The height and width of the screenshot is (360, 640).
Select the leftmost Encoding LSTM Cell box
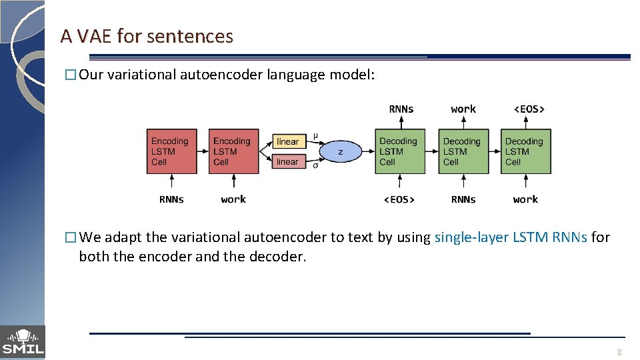(171, 151)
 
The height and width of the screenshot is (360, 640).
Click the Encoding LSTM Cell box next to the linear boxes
(233, 151)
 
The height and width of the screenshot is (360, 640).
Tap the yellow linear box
(288, 141)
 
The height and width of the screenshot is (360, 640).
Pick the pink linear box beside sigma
(288, 161)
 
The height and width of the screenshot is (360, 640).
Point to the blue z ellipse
(340, 152)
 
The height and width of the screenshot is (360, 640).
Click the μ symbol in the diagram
(315, 136)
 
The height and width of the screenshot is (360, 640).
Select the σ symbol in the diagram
(315, 165)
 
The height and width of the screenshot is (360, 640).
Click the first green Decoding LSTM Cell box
(399, 151)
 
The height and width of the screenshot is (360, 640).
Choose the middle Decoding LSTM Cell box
(463, 151)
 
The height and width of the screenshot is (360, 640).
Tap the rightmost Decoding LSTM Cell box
(525, 151)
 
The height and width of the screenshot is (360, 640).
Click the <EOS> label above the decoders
(529, 109)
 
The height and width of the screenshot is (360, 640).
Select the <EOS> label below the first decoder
(399, 199)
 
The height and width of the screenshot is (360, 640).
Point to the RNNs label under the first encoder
(171, 199)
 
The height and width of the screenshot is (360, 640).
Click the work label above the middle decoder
(463, 109)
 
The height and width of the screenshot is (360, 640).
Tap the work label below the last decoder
(525, 199)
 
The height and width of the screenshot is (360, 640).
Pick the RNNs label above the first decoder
(401, 109)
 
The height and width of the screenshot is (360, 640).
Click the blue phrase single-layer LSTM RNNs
(511, 237)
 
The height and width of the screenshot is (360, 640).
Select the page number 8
(619, 352)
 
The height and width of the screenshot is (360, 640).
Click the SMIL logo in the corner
(23, 342)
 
